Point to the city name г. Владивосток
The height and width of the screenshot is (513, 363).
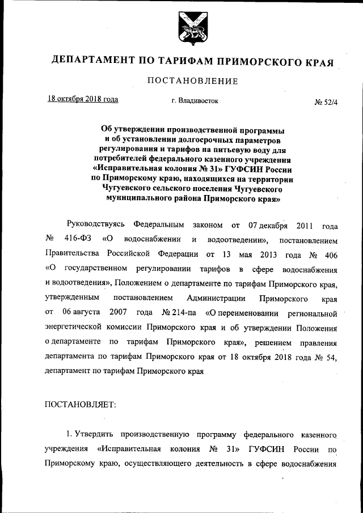click(x=195, y=101)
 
